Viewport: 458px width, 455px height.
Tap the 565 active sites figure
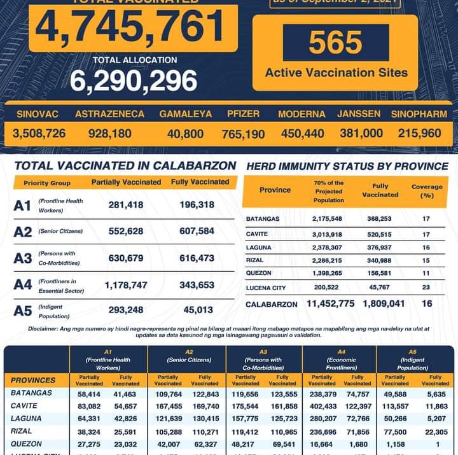point(335,43)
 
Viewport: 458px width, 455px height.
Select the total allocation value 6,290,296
point(134,81)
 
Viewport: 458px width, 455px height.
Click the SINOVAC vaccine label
point(38,115)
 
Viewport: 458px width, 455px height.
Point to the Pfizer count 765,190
point(243,134)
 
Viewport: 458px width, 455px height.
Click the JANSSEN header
point(359,115)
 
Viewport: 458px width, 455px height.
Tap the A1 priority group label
point(23,206)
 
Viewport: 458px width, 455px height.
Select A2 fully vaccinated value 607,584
point(193,231)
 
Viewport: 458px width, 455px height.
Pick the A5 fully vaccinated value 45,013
point(193,311)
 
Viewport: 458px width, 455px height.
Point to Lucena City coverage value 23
point(426,288)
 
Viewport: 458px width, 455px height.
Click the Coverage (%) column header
point(427,191)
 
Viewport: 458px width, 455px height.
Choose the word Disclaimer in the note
point(48,328)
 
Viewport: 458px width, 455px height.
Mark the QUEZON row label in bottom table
point(26,444)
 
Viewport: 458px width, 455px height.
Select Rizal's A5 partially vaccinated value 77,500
point(395,431)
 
